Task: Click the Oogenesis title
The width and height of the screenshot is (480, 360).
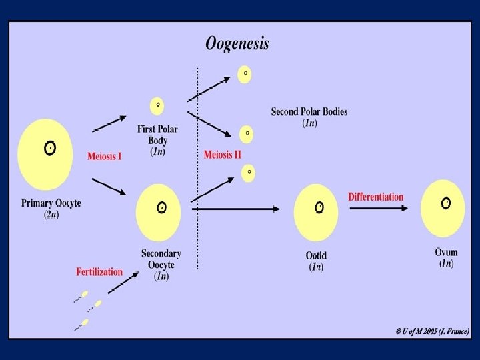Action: pos(237,44)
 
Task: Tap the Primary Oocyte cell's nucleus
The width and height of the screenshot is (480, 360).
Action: pos(49,148)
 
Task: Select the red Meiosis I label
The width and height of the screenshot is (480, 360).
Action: pos(105,157)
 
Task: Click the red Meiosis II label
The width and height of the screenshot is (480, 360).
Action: pos(223,155)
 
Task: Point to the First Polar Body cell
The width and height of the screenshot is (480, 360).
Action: pos(158,105)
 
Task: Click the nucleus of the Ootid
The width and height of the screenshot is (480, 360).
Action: pos(319,207)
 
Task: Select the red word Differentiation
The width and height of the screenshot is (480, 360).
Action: pos(375,197)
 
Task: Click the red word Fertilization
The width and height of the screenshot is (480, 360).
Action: pos(99,271)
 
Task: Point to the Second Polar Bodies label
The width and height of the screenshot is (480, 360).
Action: pos(309,111)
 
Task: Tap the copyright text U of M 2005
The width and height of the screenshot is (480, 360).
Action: pos(432,331)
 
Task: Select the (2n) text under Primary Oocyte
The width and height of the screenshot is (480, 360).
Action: pos(51,214)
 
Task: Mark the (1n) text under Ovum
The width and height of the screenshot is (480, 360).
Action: pos(446,263)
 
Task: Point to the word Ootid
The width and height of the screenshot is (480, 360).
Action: pos(316,255)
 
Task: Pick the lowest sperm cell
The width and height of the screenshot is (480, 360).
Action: pos(83,324)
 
